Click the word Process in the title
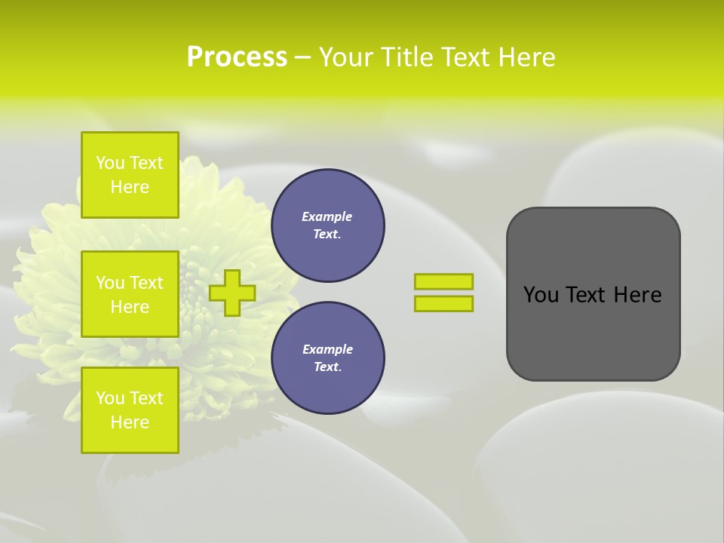237,57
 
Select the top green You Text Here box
130,175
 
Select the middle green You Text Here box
130,294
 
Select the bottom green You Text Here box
130,410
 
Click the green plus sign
232,293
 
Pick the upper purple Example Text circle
328,225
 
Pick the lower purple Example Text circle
328,358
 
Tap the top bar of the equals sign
443,281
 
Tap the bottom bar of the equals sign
443,303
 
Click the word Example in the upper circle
327,216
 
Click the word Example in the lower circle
327,349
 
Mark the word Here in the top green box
130,187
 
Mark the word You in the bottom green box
110,398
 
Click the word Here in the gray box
637,295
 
